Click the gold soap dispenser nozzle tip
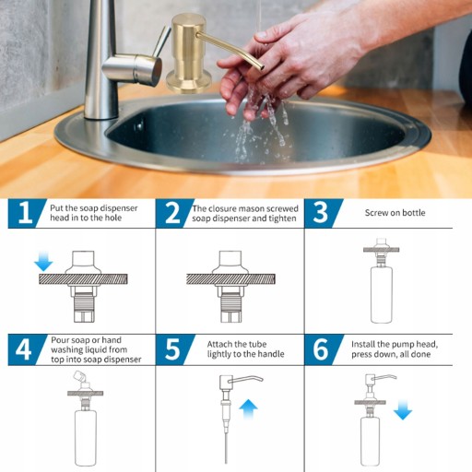click(x=262, y=66)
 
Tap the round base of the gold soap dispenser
click(x=189, y=82)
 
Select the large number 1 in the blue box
click(x=25, y=213)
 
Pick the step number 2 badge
click(x=172, y=213)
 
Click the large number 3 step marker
click(x=321, y=213)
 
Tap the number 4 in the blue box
click(x=23, y=349)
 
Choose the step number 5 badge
click(x=172, y=349)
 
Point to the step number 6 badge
click(x=321, y=349)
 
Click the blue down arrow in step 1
click(x=43, y=261)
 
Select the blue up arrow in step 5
click(x=248, y=409)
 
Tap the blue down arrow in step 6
click(x=403, y=410)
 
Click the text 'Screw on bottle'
click(x=395, y=213)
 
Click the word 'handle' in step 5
click(x=271, y=354)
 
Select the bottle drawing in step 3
click(x=382, y=294)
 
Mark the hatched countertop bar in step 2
click(x=230, y=279)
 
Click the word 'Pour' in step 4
click(x=61, y=340)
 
